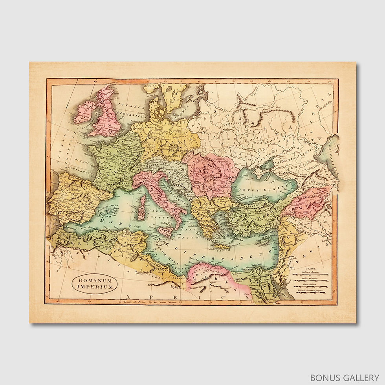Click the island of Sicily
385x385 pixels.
tap(165, 231)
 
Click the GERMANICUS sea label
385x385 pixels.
tap(135, 116)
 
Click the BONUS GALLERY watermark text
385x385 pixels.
tap(344, 377)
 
